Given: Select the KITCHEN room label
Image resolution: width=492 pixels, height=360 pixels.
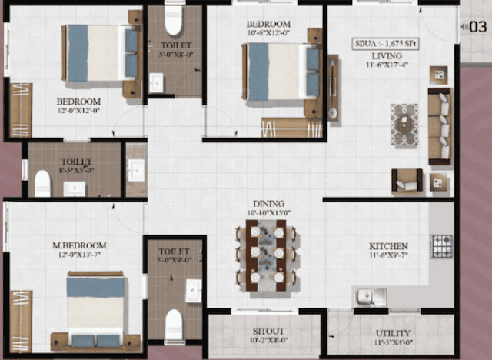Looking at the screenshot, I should (387, 246).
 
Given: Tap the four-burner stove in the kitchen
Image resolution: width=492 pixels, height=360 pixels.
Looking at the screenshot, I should (443, 246).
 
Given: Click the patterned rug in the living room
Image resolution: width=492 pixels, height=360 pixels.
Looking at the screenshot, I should (404, 125).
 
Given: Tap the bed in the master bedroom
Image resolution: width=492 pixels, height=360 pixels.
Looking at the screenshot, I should (95, 309).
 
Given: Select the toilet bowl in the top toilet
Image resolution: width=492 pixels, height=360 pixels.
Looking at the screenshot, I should (173, 22).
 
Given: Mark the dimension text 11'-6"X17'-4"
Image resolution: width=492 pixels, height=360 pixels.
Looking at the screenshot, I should (388, 65).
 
